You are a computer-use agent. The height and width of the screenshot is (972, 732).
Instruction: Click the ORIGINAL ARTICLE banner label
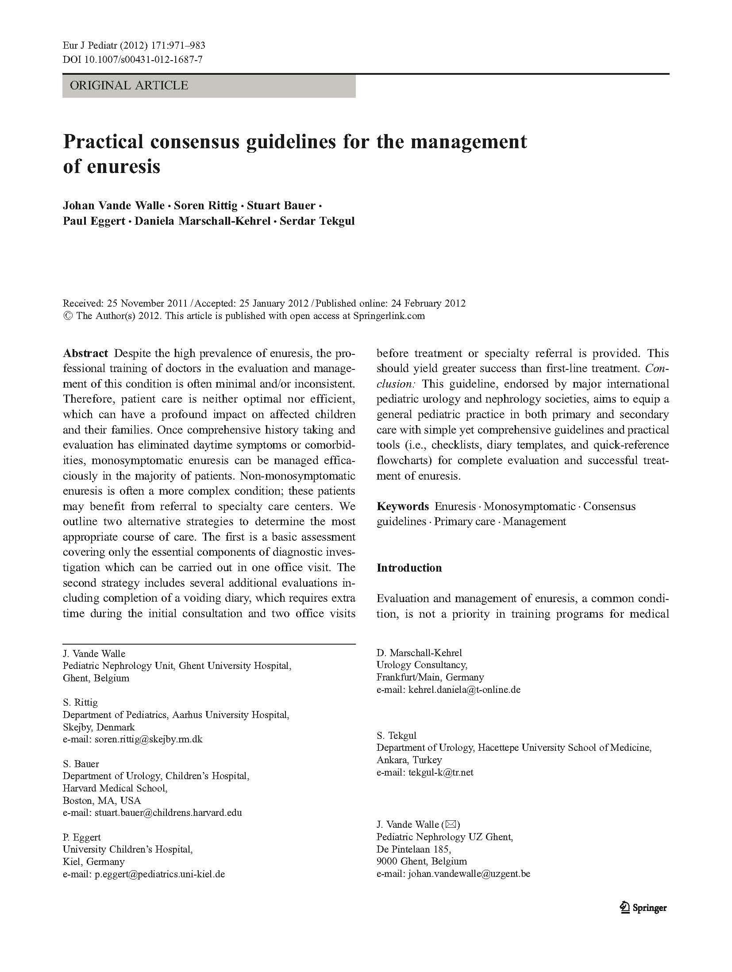pos(129,85)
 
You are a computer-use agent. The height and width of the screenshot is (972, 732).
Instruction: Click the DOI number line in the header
pos(133,59)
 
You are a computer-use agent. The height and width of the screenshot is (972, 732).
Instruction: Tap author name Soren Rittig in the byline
pos(206,205)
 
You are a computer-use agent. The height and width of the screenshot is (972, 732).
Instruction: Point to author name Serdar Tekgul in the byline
pos(317,221)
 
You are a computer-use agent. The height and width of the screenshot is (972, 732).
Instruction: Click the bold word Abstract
pos(85,353)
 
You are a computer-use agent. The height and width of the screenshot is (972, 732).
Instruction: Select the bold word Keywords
pos(402,506)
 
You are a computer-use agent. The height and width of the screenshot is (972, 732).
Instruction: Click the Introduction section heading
pos(409,568)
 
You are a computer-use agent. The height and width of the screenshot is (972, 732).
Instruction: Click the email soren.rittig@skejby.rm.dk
pos(149,739)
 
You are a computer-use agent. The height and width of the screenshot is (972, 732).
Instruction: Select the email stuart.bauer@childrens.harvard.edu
pos(168,812)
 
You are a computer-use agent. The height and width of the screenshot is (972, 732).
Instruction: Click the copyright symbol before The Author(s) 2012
pos(68,316)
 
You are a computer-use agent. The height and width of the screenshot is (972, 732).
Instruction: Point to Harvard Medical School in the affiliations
pos(115,788)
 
